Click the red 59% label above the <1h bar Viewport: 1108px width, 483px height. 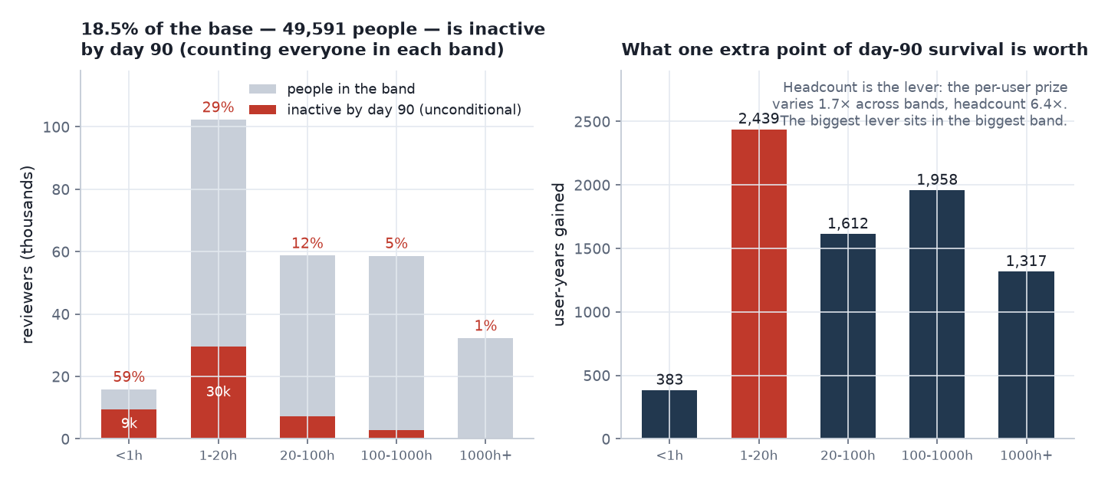[129, 376]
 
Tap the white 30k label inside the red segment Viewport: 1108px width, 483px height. [218, 392]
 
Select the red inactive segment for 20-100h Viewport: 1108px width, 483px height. [307, 427]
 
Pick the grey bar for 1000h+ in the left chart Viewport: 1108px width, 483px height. [485, 388]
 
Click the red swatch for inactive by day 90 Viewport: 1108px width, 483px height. [263, 110]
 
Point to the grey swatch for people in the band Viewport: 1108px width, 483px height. [263, 89]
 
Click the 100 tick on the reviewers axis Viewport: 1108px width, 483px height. [55, 127]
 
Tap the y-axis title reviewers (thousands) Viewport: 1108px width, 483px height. [28, 254]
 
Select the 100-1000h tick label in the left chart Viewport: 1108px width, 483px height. [396, 455]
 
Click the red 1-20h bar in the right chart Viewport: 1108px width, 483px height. [759, 284]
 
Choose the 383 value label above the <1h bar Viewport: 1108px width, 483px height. [669, 379]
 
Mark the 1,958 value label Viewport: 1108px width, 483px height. [937, 179]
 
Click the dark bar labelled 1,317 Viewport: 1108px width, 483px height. [1026, 355]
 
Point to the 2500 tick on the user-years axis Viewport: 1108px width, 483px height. [592, 121]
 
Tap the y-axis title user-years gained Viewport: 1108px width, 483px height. [558, 254]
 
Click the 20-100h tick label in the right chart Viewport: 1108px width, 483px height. [848, 455]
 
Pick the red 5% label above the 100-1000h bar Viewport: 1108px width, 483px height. [396, 243]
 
